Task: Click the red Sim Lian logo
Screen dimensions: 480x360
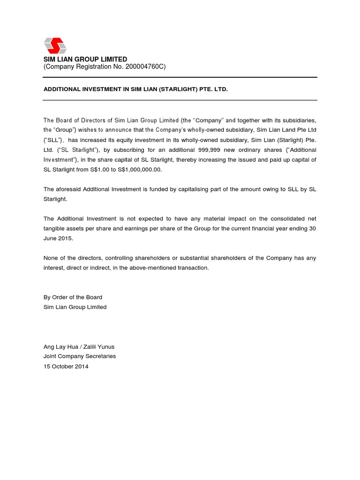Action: point(55,45)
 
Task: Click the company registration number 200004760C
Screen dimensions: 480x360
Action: point(142,67)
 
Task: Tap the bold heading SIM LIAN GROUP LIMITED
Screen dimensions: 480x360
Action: point(85,60)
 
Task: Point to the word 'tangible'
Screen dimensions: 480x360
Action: point(54,228)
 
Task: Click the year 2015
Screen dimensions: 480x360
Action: point(66,238)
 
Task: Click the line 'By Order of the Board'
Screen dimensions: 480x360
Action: point(73,297)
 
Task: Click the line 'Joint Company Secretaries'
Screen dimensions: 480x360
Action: point(79,356)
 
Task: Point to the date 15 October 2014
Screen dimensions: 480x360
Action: point(66,366)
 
